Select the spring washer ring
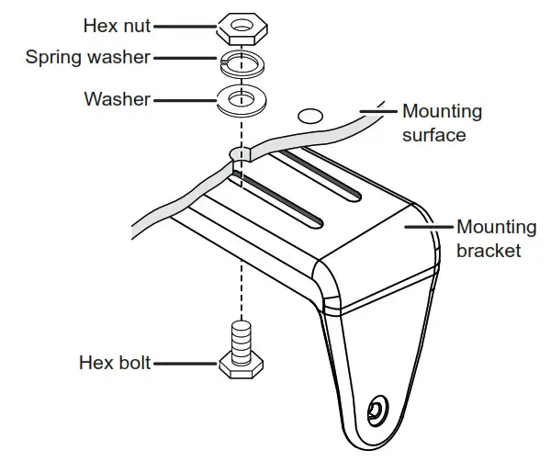point(240,66)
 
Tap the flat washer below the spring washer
point(241,99)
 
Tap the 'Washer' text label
point(118,98)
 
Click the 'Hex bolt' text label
point(115,363)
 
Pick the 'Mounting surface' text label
point(441,123)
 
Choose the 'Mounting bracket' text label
point(495,238)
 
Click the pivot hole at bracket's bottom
point(376,408)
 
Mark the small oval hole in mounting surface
point(309,116)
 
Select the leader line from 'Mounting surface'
point(377,111)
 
